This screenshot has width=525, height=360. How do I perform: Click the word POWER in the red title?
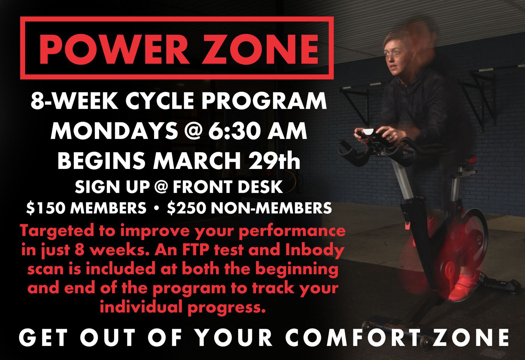pos(114,49)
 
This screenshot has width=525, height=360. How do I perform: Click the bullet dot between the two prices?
pos(156,208)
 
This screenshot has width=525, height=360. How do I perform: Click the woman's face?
pos(396,56)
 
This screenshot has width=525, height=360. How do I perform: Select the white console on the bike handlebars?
pos(369,132)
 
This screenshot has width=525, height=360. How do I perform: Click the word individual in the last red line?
pos(142,306)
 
